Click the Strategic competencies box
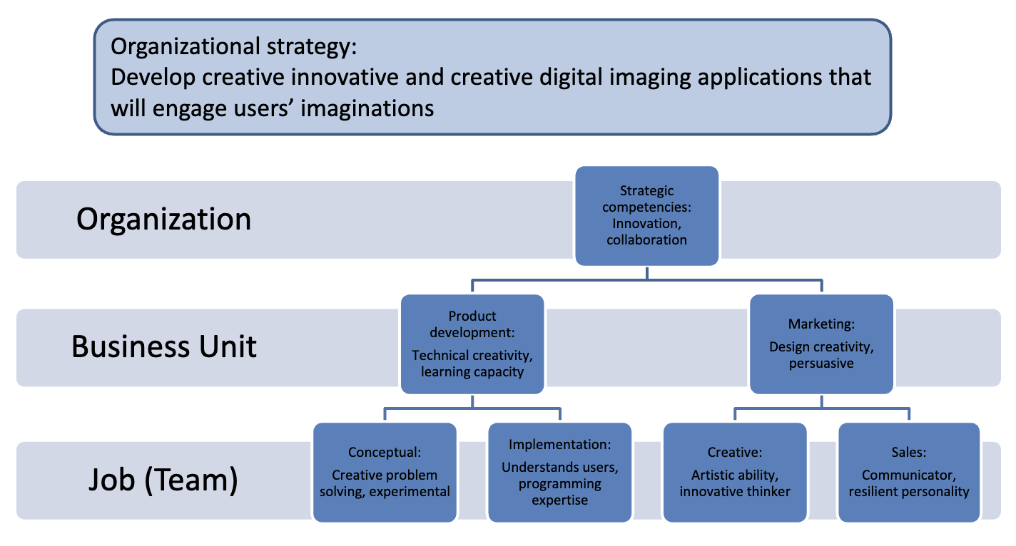point(646,215)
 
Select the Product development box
point(472,344)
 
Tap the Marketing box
point(821,344)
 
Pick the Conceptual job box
point(385,472)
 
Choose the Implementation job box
point(559,472)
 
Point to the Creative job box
point(735,472)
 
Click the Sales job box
point(909,472)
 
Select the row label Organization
point(163,219)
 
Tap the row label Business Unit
point(164,346)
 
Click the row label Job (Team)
point(163,480)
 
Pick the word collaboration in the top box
point(646,240)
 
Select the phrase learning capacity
point(472,371)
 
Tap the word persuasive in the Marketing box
point(821,364)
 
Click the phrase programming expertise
point(559,492)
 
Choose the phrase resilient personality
point(909,492)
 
